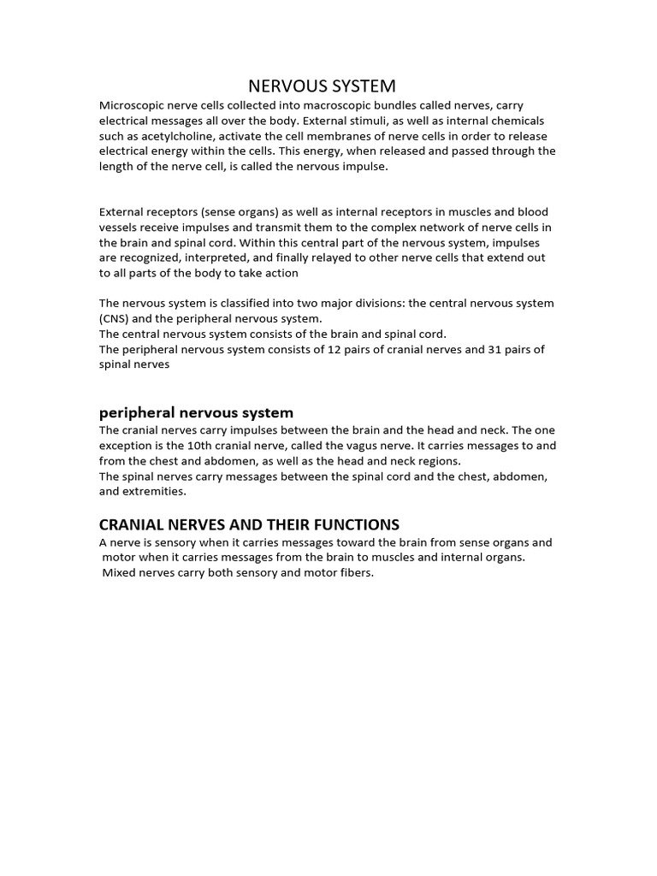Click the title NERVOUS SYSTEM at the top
coord(322,86)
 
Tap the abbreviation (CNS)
coord(115,318)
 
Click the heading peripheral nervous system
coord(196,412)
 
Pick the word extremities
coord(155,492)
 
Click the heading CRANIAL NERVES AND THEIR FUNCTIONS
coord(249,524)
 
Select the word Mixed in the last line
coord(120,573)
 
